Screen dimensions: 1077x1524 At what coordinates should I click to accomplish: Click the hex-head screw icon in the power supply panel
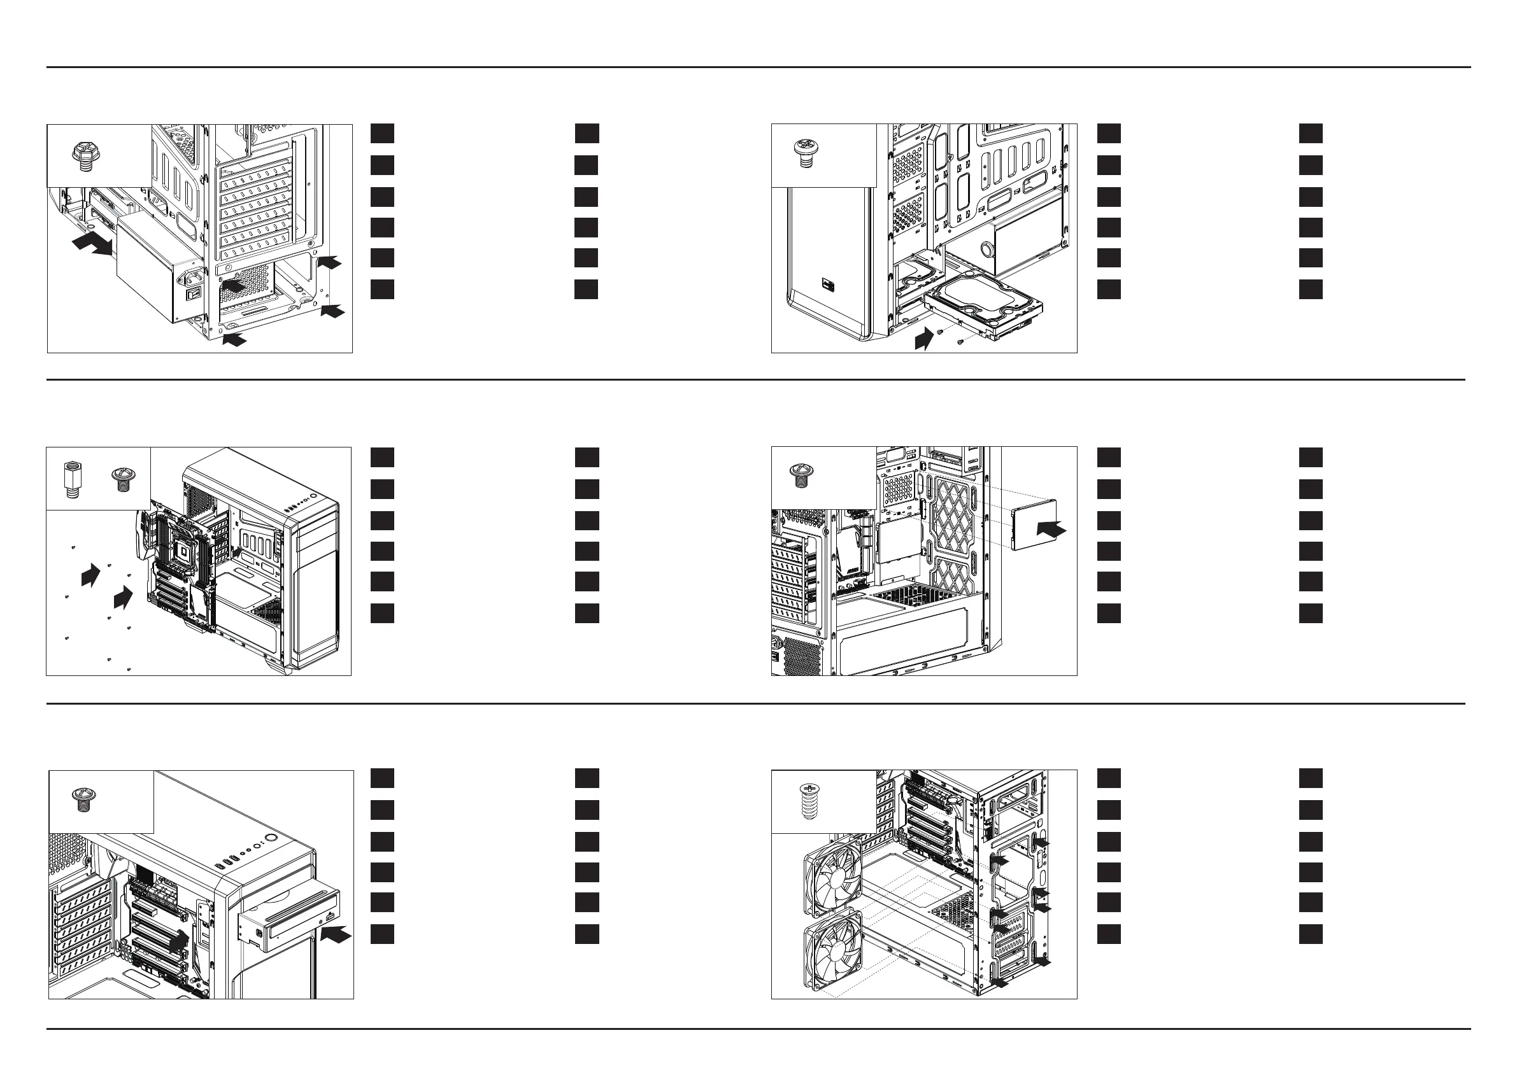(85, 157)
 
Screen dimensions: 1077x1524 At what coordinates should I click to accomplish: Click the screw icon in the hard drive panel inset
(806, 153)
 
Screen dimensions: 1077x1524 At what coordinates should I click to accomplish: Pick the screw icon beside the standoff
(122, 479)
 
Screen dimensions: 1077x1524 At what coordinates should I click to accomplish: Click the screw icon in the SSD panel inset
(801, 475)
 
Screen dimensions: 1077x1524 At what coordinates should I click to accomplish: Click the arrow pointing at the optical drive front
(336, 935)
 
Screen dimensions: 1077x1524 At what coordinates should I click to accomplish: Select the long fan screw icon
(808, 802)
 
